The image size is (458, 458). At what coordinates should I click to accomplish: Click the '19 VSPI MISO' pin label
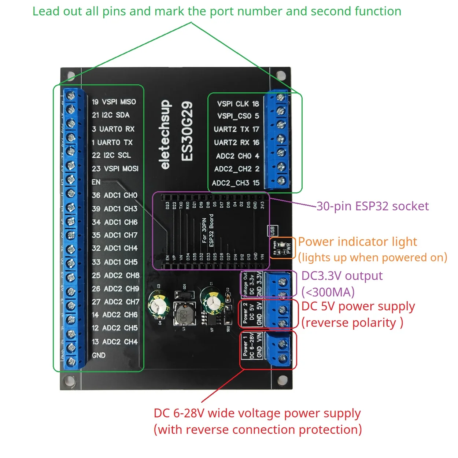point(114,102)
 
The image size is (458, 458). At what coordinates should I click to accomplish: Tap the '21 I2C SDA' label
point(111,115)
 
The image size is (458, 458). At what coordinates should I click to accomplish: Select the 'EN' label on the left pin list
point(96,182)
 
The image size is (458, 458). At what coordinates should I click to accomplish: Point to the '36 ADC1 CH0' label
point(114,195)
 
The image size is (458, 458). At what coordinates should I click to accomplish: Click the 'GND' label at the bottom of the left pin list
point(99,355)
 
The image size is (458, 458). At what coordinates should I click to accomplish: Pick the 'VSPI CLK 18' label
point(238,104)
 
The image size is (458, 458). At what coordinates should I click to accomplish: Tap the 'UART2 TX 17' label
point(236,129)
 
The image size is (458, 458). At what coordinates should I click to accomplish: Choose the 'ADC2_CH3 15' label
point(236,183)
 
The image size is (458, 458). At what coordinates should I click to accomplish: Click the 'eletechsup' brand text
point(165,134)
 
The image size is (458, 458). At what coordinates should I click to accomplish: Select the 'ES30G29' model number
point(187,131)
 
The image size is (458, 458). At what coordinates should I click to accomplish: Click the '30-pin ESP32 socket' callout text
point(372,206)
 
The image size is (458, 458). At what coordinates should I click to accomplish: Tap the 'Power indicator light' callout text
point(357,242)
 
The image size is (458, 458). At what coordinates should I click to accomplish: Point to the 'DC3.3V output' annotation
point(341,276)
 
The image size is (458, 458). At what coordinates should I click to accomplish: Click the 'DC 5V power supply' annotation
point(358,306)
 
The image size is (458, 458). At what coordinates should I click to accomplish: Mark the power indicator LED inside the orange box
point(281,244)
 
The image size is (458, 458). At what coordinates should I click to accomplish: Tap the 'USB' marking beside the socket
point(273,231)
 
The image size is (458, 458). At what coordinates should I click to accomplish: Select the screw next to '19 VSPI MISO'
point(71,96)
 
